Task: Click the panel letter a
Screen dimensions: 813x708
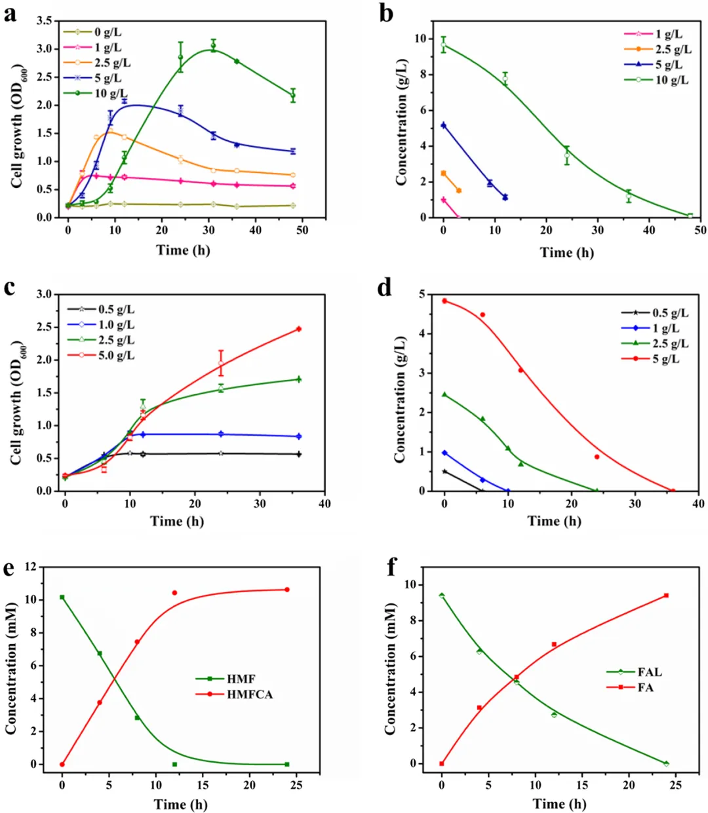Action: pos(10,12)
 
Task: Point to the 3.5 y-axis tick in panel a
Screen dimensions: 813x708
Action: pos(45,21)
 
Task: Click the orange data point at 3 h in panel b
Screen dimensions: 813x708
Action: pos(459,191)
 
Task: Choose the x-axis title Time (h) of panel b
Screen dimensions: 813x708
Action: pos(567,252)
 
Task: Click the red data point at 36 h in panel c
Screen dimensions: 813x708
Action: pos(299,329)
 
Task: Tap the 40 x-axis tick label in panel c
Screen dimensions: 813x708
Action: pos(324,504)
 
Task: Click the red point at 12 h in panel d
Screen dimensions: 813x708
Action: pos(521,370)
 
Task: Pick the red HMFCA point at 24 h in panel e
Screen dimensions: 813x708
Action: pos(287,590)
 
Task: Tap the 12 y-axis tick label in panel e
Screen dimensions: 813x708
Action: pos(29,567)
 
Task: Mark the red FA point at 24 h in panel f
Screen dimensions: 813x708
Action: pos(666,596)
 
